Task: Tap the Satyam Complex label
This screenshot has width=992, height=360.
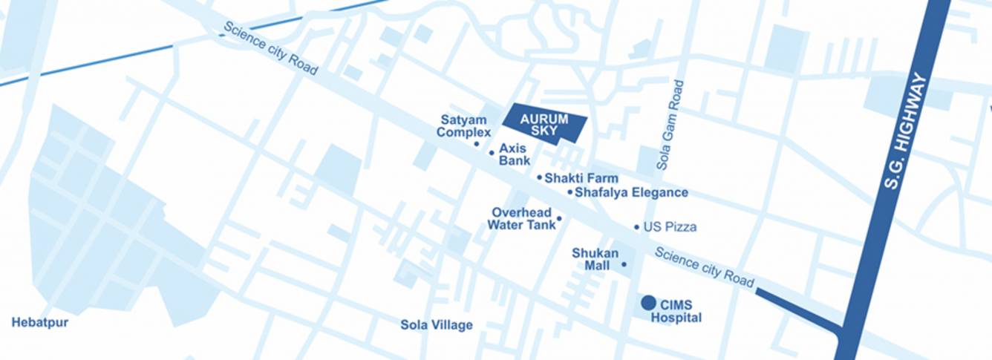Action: point(464,126)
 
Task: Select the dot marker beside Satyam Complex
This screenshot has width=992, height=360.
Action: point(477,143)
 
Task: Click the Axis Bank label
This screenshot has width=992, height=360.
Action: point(514,154)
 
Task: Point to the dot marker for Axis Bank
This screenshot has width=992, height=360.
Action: point(491,153)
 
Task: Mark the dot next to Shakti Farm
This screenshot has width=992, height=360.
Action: point(539,177)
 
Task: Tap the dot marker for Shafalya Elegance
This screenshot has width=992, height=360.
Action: point(570,192)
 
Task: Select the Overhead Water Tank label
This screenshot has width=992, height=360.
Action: point(521,219)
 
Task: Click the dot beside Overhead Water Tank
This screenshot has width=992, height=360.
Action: point(559,218)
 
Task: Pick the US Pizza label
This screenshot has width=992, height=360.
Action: point(670,227)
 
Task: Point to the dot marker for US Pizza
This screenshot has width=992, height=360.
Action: point(636,227)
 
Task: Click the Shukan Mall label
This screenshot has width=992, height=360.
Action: point(595,259)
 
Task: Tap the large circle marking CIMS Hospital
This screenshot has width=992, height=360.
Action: point(648,302)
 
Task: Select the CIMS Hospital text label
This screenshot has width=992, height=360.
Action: point(676,311)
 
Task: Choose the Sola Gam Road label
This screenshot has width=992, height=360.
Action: point(669,125)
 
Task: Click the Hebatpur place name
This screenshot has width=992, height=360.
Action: point(39,323)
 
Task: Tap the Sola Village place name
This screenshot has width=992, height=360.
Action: point(436,325)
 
